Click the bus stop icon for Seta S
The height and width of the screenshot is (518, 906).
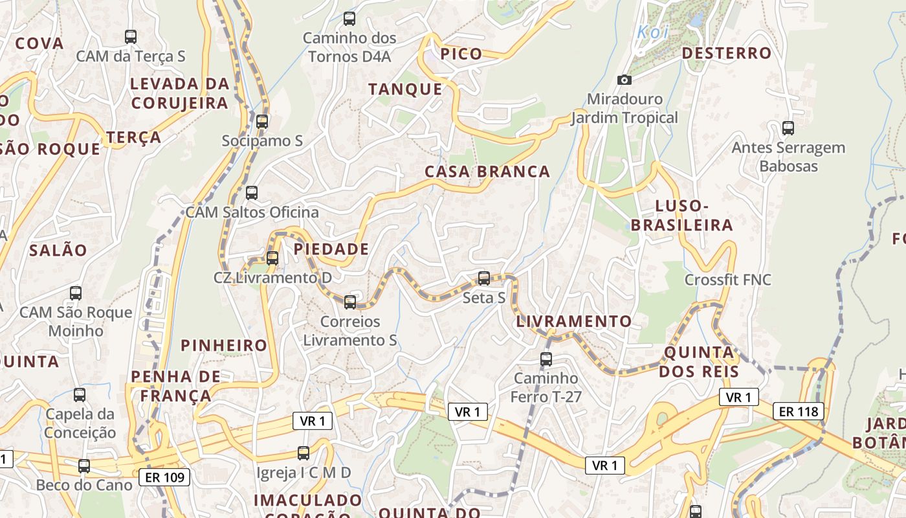coord(483,278)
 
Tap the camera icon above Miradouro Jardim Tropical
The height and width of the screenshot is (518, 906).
coord(624,80)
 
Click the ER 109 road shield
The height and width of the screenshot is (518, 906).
coord(165,478)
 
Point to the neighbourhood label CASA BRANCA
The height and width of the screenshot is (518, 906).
coord(487,172)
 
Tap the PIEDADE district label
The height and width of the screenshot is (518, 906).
coord(331,249)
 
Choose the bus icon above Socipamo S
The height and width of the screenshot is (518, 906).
coord(262,121)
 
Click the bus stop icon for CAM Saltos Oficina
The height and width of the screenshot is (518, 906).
coord(252,192)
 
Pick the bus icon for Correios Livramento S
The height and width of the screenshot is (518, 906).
coord(350,302)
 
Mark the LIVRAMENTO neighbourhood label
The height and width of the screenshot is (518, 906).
coord(574,321)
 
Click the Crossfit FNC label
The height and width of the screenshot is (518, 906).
coord(728,280)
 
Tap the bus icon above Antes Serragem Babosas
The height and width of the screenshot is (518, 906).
coord(788,128)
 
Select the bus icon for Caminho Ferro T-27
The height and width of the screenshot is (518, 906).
coord(546,359)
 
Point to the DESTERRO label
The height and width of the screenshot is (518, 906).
coord(727,53)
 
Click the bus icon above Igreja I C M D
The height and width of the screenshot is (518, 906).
coord(304,453)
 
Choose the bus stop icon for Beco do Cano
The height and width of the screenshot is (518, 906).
coord(84,465)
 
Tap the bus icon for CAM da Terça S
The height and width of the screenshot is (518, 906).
coord(131,36)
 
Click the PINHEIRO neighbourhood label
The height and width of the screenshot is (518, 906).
coord(224,345)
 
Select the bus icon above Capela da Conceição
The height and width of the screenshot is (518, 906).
coord(80,394)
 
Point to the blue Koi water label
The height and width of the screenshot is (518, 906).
coord(652,31)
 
